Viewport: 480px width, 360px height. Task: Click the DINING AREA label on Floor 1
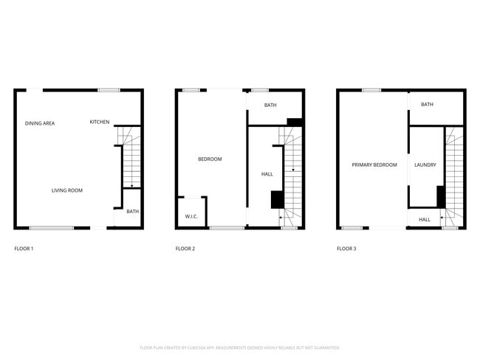coord(40,123)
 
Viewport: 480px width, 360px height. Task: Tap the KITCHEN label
coord(100,122)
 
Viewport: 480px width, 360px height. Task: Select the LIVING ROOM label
coord(67,190)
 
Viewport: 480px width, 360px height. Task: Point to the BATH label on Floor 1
coord(132,212)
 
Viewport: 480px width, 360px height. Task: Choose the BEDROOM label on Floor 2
coord(210,159)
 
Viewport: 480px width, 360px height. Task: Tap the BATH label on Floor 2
coord(270,105)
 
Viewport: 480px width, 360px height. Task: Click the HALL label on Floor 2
coord(267,174)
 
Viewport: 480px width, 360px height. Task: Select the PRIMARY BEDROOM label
coord(374,165)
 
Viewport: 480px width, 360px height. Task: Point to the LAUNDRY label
coord(425,165)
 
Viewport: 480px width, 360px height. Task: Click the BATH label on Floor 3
coord(427,105)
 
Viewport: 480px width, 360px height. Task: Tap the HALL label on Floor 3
coord(425,219)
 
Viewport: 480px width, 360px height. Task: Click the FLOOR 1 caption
coord(24,249)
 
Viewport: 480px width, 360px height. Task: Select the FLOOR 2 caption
coord(185,249)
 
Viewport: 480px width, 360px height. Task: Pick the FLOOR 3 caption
coord(346,249)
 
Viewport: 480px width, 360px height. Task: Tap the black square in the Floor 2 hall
coord(278,200)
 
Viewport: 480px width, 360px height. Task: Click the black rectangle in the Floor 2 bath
coord(295,122)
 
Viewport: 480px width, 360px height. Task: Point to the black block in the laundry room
coord(440,197)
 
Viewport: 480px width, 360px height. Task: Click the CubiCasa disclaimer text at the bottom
coord(239,347)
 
